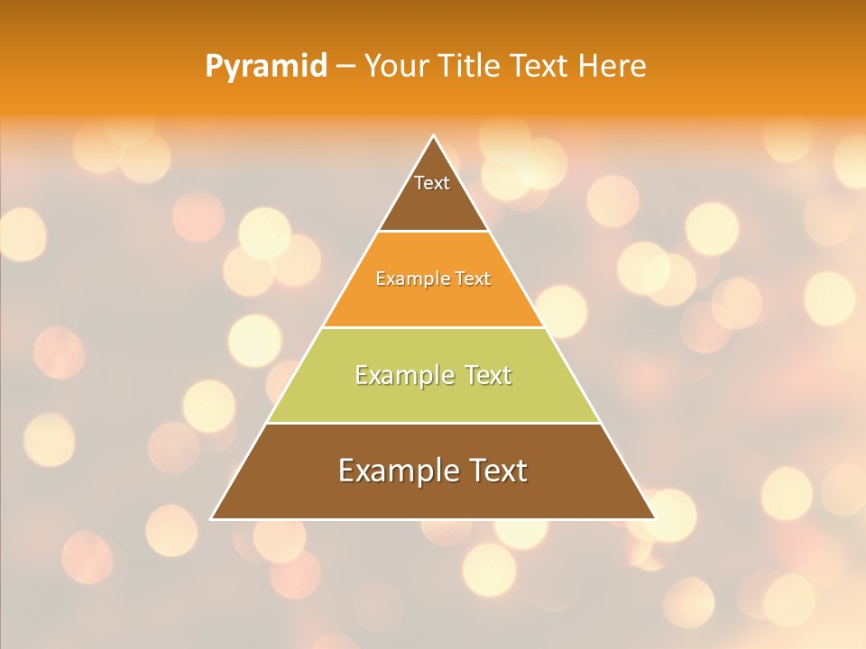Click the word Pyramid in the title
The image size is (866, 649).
click(x=266, y=67)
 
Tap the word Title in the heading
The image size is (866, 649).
click(x=474, y=66)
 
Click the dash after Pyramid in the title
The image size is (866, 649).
click(x=345, y=67)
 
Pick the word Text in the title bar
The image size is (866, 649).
click(x=542, y=66)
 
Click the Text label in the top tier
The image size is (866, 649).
click(x=432, y=183)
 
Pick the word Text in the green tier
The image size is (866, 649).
click(x=488, y=375)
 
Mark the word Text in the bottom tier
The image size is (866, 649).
click(x=498, y=471)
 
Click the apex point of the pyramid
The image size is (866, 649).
click(x=433, y=136)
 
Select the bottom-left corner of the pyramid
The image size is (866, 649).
click(x=212, y=518)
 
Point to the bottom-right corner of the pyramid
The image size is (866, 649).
click(x=654, y=518)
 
